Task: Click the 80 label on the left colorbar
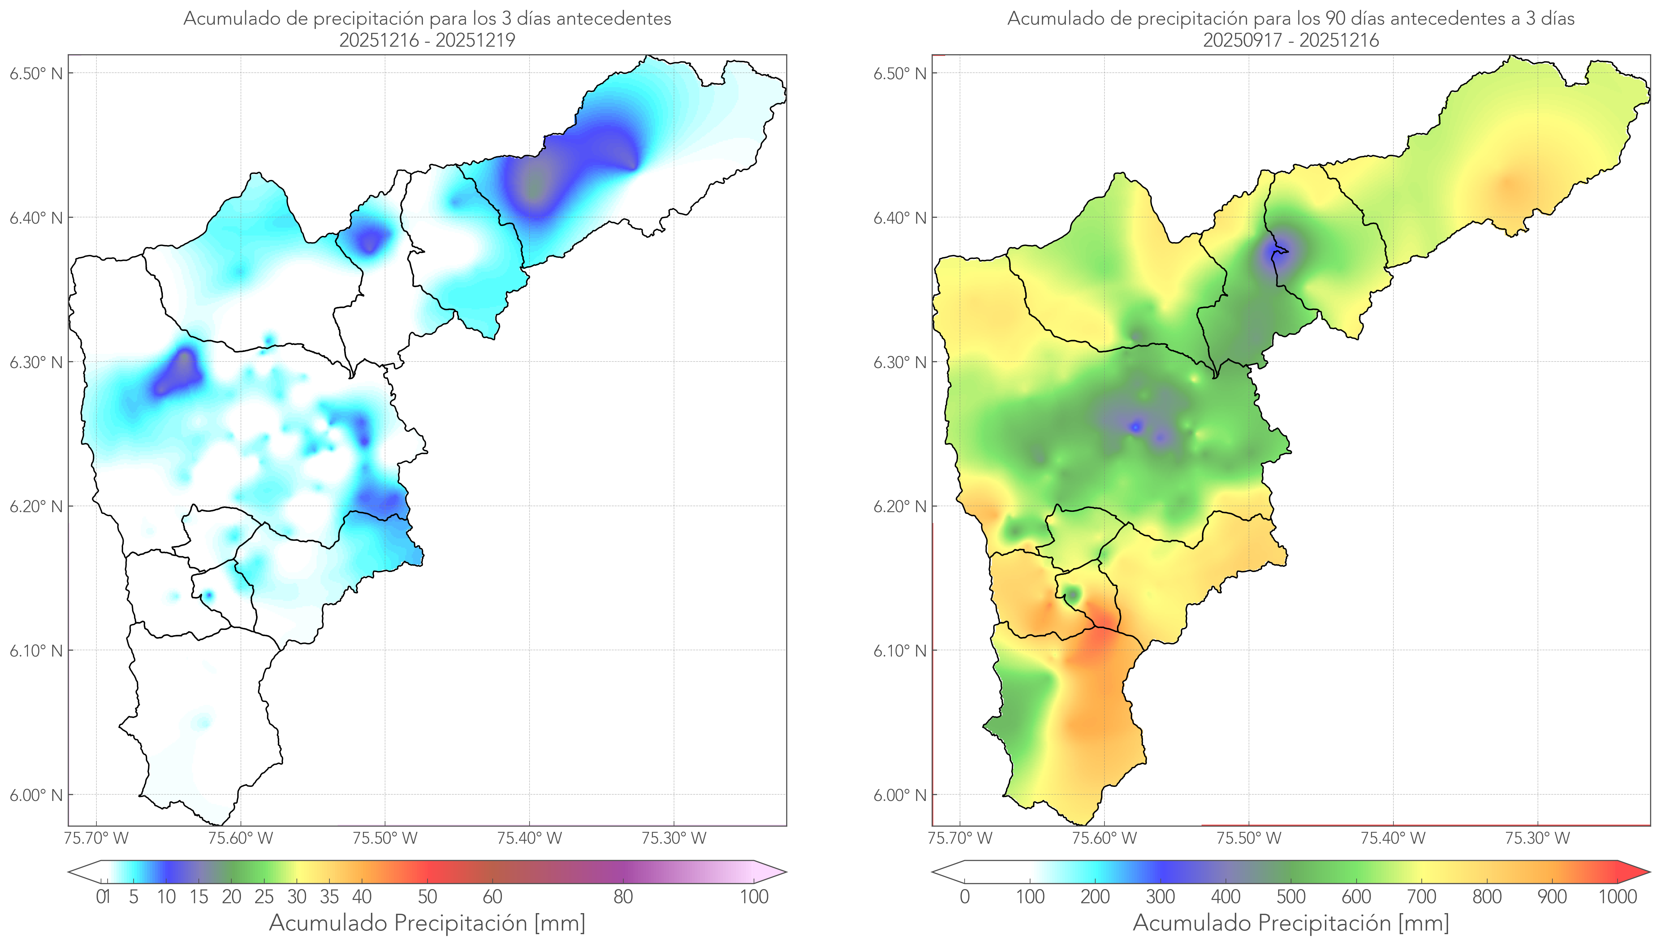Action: tap(623, 897)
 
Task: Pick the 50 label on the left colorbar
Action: tap(427, 897)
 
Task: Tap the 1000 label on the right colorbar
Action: tap(1617, 897)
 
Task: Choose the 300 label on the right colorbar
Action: tap(1160, 897)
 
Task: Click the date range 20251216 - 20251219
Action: tap(427, 40)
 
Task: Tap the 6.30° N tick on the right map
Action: tap(900, 362)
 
